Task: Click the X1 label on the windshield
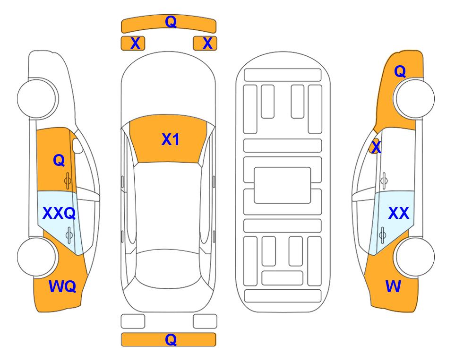pos(171,139)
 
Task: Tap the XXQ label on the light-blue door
pos(59,213)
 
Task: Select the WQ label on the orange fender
pos(62,286)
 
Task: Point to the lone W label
pos(393,286)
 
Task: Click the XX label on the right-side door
pos(398,213)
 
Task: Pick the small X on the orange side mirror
pos(376,147)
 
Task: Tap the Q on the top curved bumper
pos(171,21)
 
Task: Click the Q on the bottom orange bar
pos(171,339)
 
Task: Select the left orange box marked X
pos(133,43)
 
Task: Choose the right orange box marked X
pos(205,43)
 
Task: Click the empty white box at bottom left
pos(133,321)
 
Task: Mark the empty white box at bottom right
pos(205,321)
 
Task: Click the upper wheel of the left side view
pos(37,98)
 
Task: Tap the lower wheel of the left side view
pos(37,257)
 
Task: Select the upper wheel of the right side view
pos(415,98)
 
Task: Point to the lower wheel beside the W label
pos(415,257)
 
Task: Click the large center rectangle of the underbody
pos(283,185)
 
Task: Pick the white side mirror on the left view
pos(77,146)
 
